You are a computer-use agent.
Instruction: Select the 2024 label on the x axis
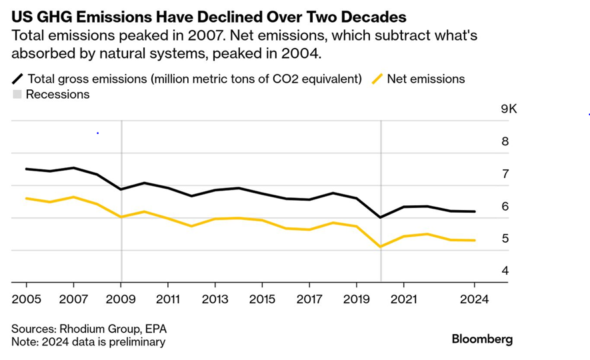tap(474, 300)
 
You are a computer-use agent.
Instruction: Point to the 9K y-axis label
tap(509, 109)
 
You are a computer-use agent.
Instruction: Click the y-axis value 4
tap(505, 271)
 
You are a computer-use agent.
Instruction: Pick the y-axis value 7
tap(505, 174)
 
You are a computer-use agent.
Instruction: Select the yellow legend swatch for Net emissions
tap(377, 79)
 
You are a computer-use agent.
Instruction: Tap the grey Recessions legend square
tap(17, 95)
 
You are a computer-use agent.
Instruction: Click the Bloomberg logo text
tap(482, 339)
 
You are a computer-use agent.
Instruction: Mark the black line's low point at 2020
tap(380, 217)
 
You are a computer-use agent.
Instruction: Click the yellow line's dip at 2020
tap(380, 247)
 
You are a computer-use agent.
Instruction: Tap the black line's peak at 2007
tap(73, 168)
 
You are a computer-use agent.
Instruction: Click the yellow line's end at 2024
tap(474, 240)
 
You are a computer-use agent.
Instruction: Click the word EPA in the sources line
tap(156, 329)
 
